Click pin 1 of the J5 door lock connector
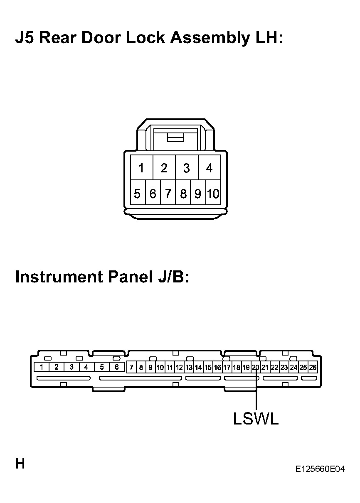pos(142,167)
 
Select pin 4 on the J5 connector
pos(210,167)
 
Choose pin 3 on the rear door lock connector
pos(187,167)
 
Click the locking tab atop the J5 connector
pos(175,137)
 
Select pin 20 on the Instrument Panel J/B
pos(256,367)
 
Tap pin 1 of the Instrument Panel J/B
pos(41,367)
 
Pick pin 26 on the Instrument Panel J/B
pos(313,367)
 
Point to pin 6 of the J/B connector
pos(117,367)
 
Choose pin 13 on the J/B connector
pos(189,367)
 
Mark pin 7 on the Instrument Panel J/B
pos(131,367)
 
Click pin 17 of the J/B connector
pos(227,367)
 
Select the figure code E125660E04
pos(320,469)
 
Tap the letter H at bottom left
pos(20,464)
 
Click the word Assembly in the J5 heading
pos(210,38)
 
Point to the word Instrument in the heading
pos(59,277)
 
